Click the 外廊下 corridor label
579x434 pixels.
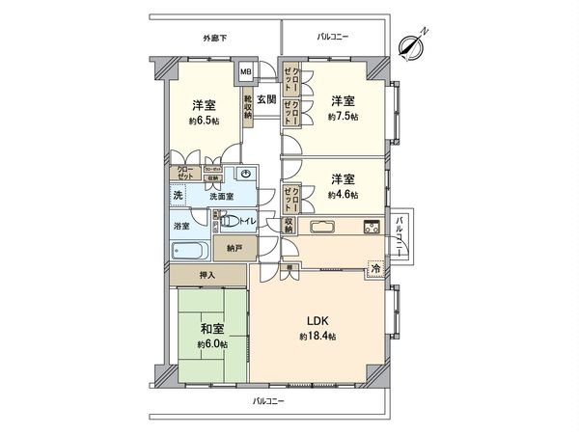tap(215, 38)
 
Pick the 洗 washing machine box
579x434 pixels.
tap(178, 196)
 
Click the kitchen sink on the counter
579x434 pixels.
tap(319, 228)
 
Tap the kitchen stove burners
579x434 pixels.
tap(371, 228)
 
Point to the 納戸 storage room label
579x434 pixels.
tap(234, 248)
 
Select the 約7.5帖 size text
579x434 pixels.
tap(343, 117)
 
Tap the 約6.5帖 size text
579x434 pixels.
tap(204, 122)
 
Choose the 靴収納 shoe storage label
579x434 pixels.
tap(248, 107)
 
